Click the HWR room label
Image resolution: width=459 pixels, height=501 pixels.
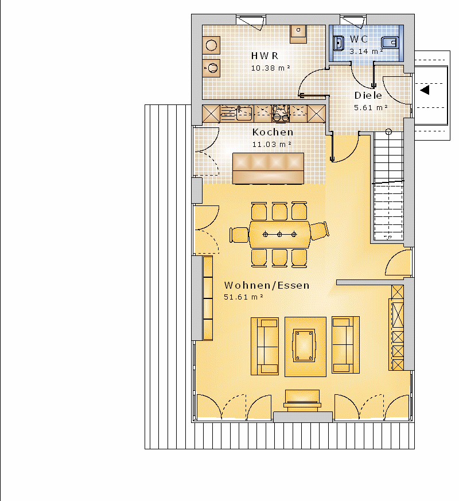tap(265, 56)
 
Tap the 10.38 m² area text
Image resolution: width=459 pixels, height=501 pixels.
tap(271, 68)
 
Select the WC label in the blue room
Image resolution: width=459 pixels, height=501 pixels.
tap(359, 39)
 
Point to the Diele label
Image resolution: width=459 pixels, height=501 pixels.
tap(368, 95)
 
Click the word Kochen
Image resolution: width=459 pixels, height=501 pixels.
tap(273, 132)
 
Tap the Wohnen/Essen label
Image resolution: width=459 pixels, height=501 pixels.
tap(267, 285)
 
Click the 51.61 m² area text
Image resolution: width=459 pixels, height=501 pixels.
tap(243, 297)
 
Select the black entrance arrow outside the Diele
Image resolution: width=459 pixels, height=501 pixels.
tap(425, 90)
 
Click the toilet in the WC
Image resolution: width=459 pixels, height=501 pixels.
tap(390, 42)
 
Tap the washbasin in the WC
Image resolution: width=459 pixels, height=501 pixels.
tap(339, 43)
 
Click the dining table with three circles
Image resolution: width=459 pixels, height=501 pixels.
tap(279, 235)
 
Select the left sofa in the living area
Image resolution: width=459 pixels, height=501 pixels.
tap(265, 346)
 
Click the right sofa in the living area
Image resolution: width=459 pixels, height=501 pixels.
tap(345, 345)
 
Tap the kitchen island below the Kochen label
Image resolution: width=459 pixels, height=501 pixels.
tap(269, 168)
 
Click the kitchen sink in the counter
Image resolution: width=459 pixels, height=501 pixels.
tap(243, 114)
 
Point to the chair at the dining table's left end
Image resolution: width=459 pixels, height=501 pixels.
tap(239, 235)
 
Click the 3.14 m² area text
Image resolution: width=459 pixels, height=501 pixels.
tap(366, 52)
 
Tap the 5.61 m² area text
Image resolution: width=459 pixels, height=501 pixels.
tap(371, 108)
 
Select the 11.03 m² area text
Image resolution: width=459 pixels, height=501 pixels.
tap(272, 145)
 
